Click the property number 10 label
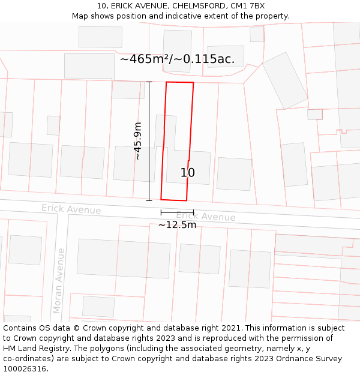tap(187, 173)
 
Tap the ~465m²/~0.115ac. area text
tap(177, 59)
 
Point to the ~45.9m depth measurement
tap(137, 141)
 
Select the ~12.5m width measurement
tap(177, 225)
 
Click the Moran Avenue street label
tap(59, 281)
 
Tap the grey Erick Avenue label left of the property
tap(71, 209)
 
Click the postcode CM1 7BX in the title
tap(248, 6)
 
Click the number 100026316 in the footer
tap(25, 369)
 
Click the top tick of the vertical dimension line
tap(149, 82)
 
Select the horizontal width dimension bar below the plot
tap(177, 212)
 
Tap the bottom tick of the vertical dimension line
tap(149, 200)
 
